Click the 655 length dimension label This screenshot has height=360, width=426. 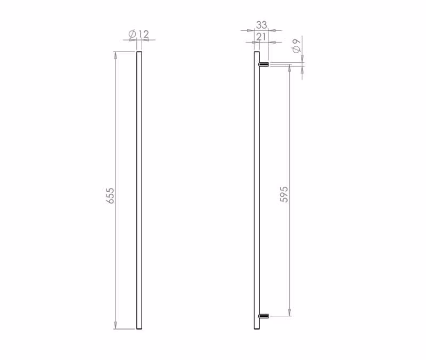pyautogui.click(x=110, y=195)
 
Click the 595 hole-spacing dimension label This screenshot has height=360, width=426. pyautogui.click(x=284, y=194)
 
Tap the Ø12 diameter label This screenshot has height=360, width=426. pyautogui.click(x=139, y=34)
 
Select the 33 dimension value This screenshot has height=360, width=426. pyautogui.click(x=261, y=24)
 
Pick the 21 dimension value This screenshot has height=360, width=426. pyautogui.click(x=261, y=37)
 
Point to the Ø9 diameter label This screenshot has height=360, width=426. pyautogui.click(x=297, y=46)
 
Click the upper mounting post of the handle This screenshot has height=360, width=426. pyautogui.click(x=264, y=64)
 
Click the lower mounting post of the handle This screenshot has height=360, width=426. pyautogui.click(x=264, y=316)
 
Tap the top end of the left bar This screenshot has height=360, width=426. pyautogui.click(x=139, y=52)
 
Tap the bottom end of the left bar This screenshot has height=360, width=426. pyautogui.click(x=139, y=329)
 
